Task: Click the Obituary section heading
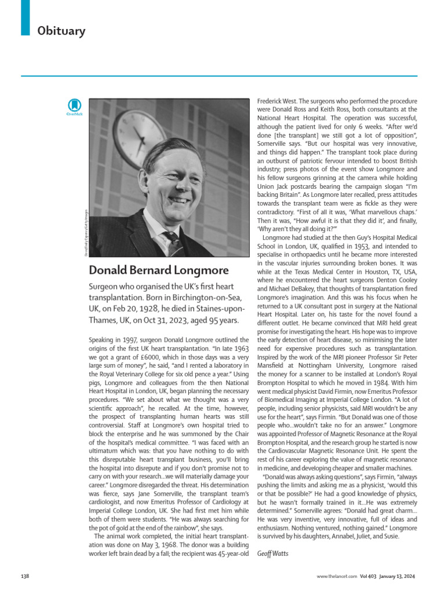[61, 30]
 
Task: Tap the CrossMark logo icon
[75, 107]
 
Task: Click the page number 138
[25, 576]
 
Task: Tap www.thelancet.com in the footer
[337, 576]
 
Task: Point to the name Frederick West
[276, 101]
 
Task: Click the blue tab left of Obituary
[25, 17]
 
